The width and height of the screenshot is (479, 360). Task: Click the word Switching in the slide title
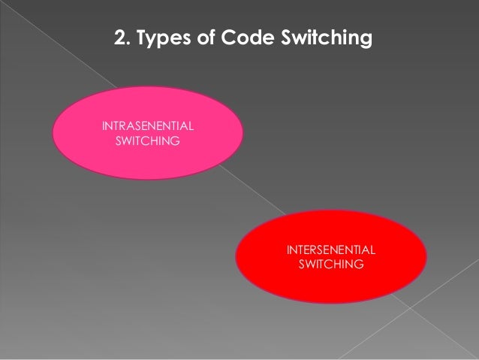coord(324,38)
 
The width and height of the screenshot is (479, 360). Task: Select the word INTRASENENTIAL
coord(147,125)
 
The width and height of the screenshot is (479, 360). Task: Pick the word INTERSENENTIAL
coord(332,250)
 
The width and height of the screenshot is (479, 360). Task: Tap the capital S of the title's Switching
coord(284,37)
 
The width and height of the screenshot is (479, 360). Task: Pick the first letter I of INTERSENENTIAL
coord(288,250)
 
